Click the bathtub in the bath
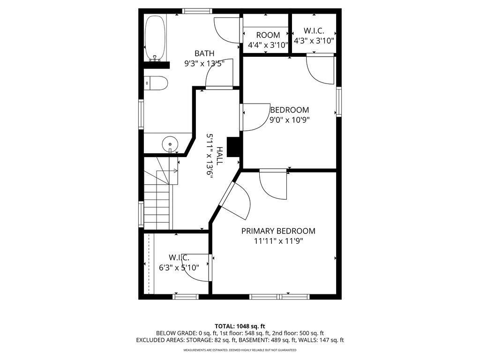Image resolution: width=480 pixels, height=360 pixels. point(154,38)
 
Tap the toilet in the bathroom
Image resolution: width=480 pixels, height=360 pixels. point(156,83)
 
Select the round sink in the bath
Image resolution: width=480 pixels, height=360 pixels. point(170,143)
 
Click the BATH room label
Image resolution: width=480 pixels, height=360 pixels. point(205,53)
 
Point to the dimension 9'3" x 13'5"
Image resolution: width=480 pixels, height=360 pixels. point(207,64)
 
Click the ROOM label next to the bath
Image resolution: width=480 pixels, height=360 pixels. point(268,35)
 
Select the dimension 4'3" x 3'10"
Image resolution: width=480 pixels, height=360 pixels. point(314,41)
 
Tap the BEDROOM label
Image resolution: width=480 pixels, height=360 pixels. point(289,110)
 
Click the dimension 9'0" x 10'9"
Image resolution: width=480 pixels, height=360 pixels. point(289,120)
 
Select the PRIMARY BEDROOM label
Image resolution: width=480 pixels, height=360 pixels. point(278,231)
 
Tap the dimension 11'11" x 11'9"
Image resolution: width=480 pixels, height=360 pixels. point(278,241)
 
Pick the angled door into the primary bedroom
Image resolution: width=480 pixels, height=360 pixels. point(226,196)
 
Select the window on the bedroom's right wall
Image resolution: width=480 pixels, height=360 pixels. point(339,101)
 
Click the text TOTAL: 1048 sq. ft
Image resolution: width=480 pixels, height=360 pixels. point(240,326)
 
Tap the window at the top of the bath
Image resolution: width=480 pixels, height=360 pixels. point(196,11)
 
